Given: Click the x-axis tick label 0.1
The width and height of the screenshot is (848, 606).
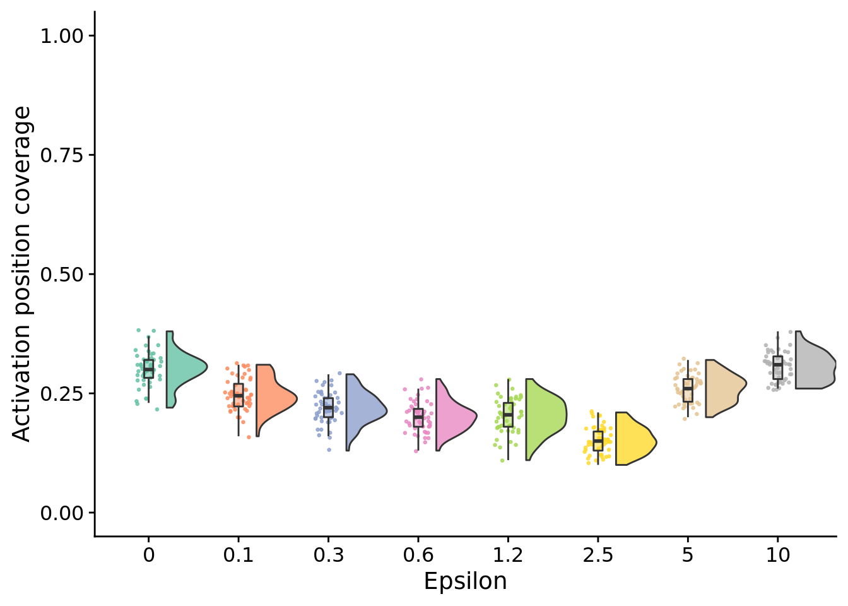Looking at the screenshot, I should pyautogui.click(x=238, y=555).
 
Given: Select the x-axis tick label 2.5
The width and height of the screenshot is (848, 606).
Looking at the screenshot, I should pyautogui.click(x=598, y=555).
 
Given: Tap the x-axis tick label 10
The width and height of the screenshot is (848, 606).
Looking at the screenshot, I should pyautogui.click(x=778, y=555).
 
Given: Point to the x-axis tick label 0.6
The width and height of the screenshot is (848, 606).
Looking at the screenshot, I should pyautogui.click(x=418, y=555).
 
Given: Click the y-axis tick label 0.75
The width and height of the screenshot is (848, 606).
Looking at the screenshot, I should pyautogui.click(x=62, y=155).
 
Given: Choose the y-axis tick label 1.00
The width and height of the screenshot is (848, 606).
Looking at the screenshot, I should pyautogui.click(x=62, y=36).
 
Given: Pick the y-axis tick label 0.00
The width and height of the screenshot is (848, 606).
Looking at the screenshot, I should pyautogui.click(x=62, y=513).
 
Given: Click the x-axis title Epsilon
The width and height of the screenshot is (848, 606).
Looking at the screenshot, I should pyautogui.click(x=465, y=581).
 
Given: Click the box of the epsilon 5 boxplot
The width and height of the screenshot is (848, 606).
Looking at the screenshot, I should pyautogui.click(x=688, y=390).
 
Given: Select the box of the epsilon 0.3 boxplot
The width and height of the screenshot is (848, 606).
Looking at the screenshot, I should pyautogui.click(x=328, y=408).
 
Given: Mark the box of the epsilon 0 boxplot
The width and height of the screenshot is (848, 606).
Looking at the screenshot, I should pyautogui.click(x=148, y=369).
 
